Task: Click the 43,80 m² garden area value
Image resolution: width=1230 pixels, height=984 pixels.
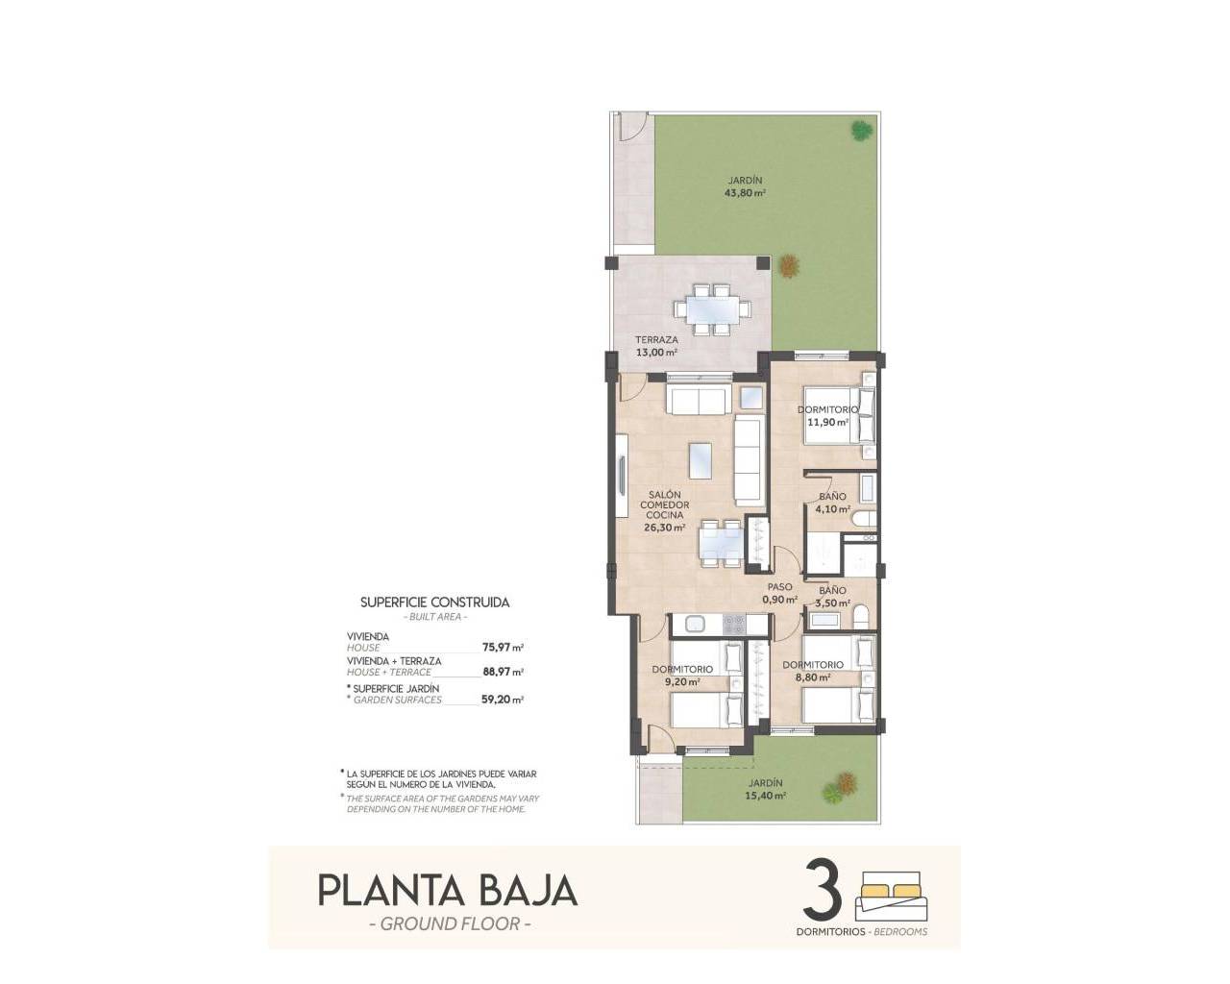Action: pyautogui.click(x=745, y=192)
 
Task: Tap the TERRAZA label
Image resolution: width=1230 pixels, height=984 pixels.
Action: pyautogui.click(x=657, y=339)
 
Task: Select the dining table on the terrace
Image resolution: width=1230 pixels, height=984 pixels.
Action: pyautogui.click(x=711, y=308)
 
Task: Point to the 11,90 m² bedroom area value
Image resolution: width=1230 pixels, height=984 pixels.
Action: pyautogui.click(x=827, y=422)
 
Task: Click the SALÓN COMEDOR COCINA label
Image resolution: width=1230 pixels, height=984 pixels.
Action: pyautogui.click(x=665, y=505)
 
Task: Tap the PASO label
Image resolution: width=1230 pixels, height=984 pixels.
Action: pyautogui.click(x=779, y=587)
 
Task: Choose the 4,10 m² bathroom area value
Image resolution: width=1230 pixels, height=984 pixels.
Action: pyautogui.click(x=832, y=510)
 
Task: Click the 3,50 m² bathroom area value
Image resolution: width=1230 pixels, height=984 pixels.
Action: pyautogui.click(x=832, y=603)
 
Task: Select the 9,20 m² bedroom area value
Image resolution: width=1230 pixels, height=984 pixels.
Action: pyautogui.click(x=681, y=682)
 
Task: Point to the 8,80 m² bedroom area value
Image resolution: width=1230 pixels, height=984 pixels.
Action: pyautogui.click(x=812, y=677)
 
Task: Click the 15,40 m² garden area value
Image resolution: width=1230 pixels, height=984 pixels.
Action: pyautogui.click(x=768, y=796)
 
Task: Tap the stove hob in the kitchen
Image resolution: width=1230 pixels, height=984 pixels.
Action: pyautogui.click(x=734, y=624)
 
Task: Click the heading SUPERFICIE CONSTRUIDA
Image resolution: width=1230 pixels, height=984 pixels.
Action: pyautogui.click(x=434, y=603)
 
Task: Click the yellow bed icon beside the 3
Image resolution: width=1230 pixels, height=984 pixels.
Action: pyautogui.click(x=892, y=890)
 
